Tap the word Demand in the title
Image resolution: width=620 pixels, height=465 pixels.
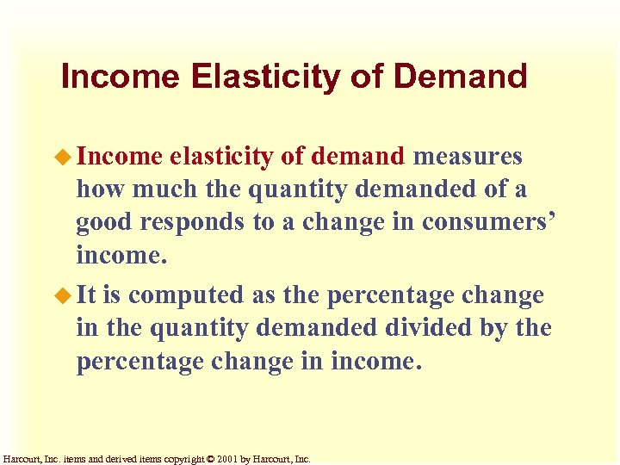460,77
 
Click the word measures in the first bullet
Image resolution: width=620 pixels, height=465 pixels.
468,156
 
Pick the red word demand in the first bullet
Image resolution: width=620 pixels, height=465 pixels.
357,156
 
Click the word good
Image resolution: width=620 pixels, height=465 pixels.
103,221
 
